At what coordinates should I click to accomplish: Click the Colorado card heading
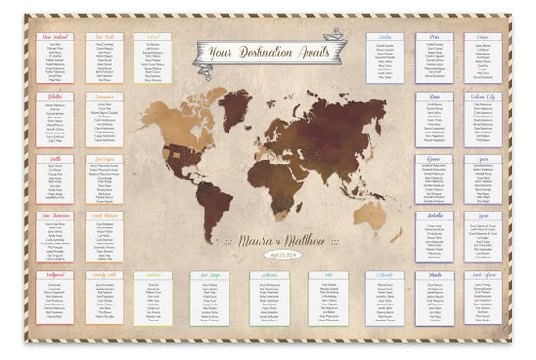386,276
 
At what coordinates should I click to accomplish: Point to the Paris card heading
434,37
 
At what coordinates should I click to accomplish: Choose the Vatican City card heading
483,96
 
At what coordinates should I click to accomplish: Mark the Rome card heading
434,96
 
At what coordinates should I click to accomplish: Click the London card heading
386,37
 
